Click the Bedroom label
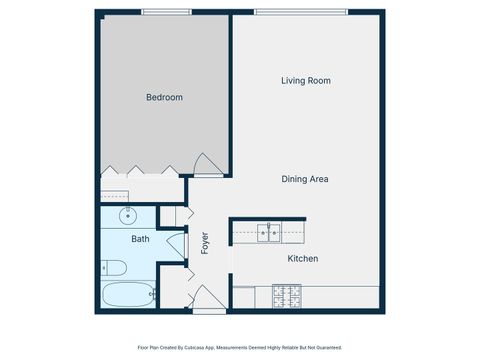click(x=164, y=97)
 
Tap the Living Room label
click(x=305, y=81)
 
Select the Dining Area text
click(x=305, y=179)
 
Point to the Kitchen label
click(x=302, y=259)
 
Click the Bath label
click(x=140, y=239)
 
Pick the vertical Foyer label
click(x=205, y=243)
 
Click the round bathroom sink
click(x=128, y=215)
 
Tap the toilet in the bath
click(x=113, y=267)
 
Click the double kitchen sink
click(x=268, y=233)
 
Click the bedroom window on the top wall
click(x=166, y=12)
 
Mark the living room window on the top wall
click(x=301, y=12)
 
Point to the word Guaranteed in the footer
click(x=326, y=348)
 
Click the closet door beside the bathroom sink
click(x=169, y=215)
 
